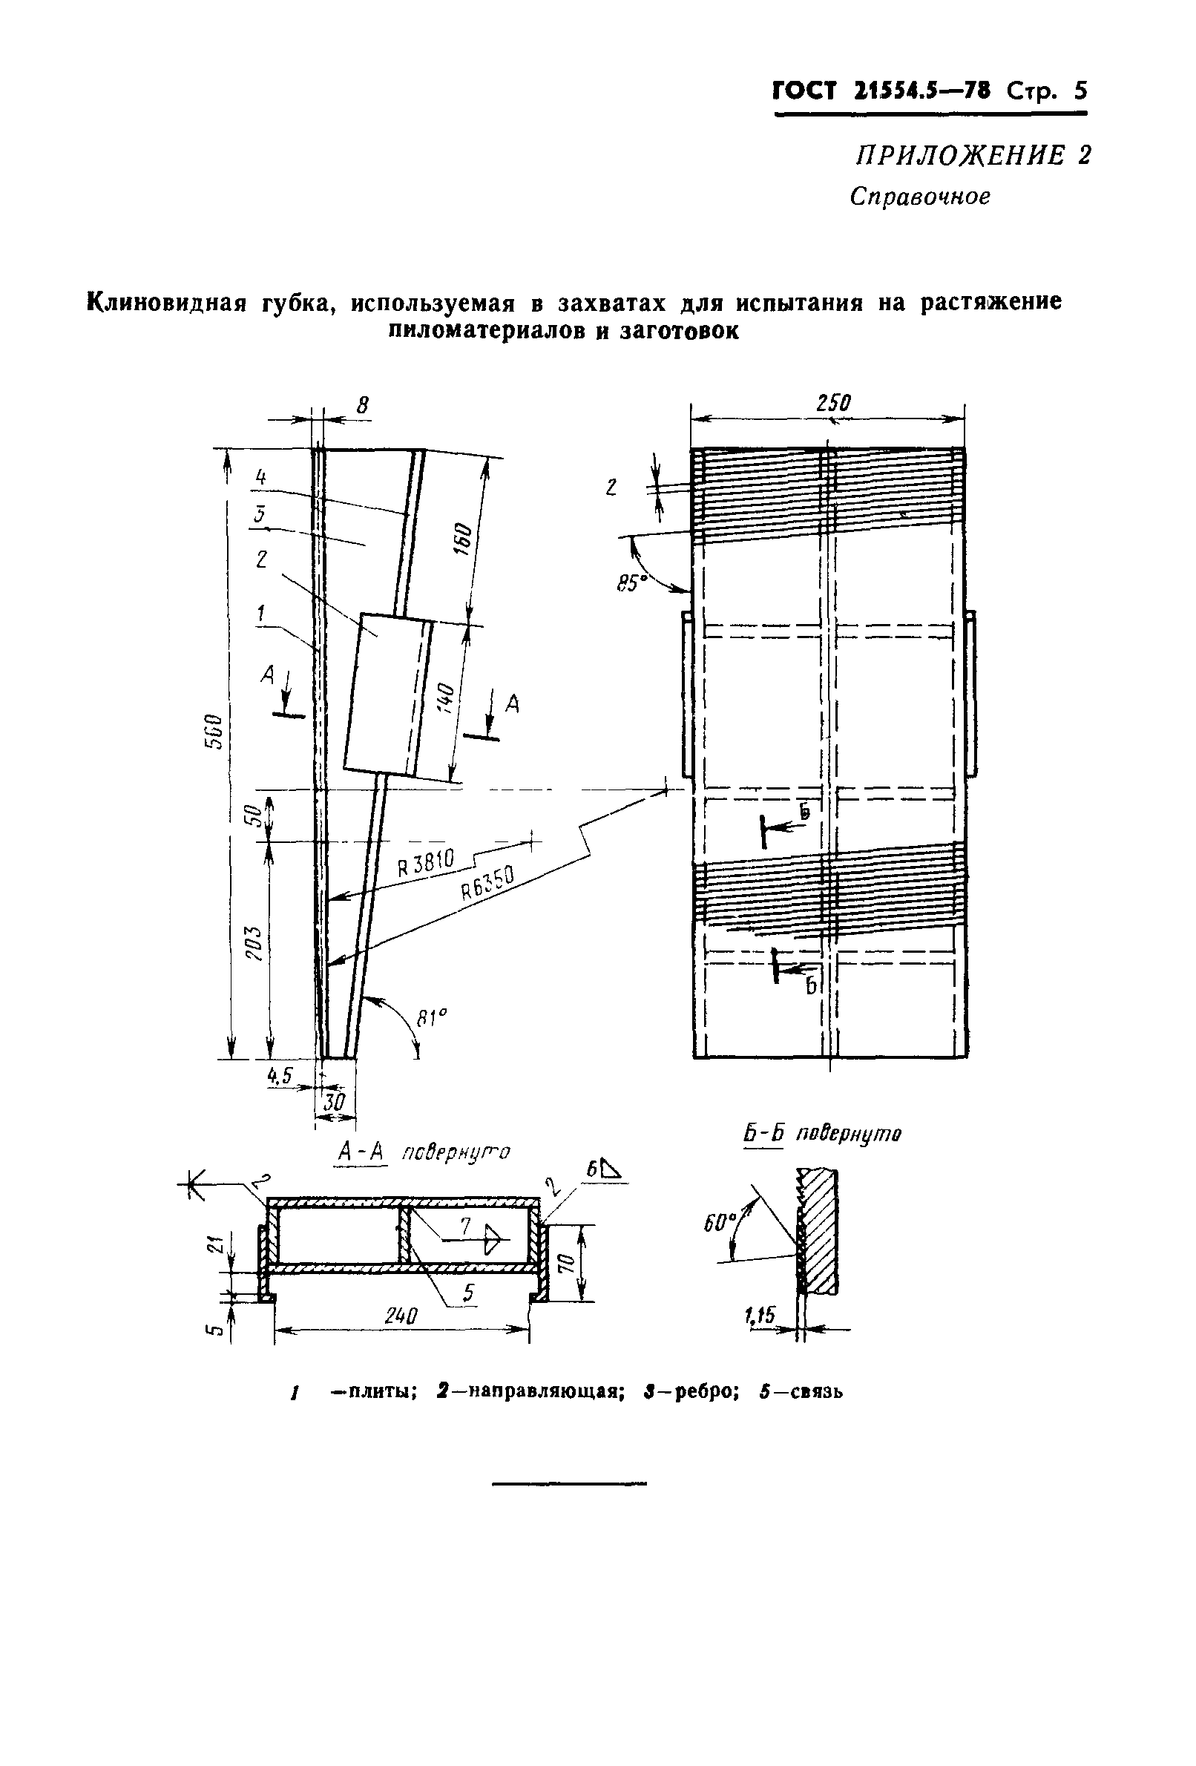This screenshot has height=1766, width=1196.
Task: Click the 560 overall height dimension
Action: pos(215,731)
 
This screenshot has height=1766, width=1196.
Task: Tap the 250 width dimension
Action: pos(832,403)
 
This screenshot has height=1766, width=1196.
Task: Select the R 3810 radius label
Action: pos(427,863)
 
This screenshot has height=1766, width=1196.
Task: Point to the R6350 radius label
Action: pos(487,883)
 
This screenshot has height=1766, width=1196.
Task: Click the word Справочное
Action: pos(919,197)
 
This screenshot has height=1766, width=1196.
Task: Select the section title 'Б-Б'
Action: pos(763,1135)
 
